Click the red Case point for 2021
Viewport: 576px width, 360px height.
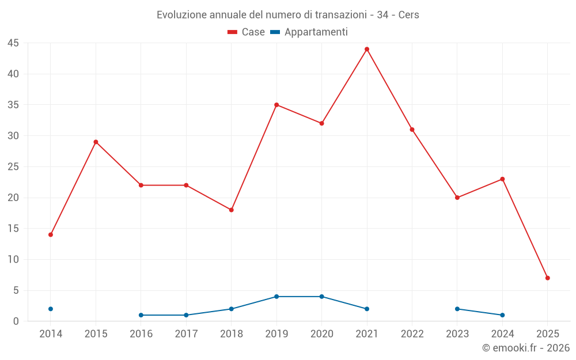click(x=367, y=49)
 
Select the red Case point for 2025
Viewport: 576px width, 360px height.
click(x=547, y=278)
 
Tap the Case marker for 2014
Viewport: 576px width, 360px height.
click(x=51, y=234)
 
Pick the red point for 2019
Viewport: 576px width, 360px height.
click(x=276, y=105)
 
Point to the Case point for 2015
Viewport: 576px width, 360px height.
click(x=96, y=142)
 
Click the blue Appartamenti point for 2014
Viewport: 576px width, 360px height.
click(x=51, y=309)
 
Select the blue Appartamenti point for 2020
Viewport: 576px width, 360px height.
click(x=321, y=297)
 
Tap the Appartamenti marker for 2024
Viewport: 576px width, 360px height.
click(x=502, y=315)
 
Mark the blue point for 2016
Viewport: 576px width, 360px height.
click(x=141, y=315)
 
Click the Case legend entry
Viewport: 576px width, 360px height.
click(x=247, y=32)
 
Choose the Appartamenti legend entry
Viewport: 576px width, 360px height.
click(x=309, y=32)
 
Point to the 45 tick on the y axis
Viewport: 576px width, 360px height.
click(x=13, y=43)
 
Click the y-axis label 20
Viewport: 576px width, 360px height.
click(x=13, y=198)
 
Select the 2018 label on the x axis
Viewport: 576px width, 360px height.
click(x=232, y=334)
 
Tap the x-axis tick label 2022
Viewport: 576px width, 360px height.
click(x=412, y=334)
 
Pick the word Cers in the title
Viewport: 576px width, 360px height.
click(x=408, y=15)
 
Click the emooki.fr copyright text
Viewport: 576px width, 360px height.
click(x=526, y=348)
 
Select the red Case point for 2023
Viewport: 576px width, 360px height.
click(x=457, y=198)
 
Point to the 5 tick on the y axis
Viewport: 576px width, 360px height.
click(x=16, y=290)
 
